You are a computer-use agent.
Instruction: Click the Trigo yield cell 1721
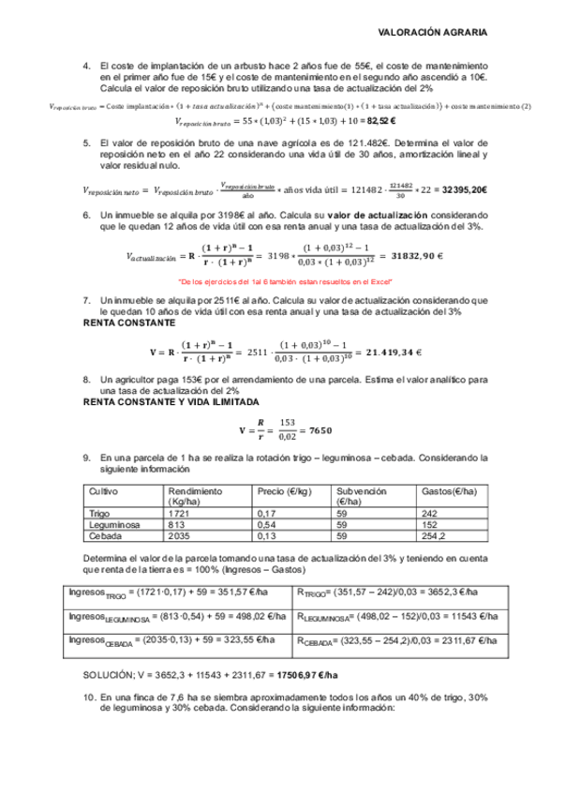(x=179, y=513)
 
